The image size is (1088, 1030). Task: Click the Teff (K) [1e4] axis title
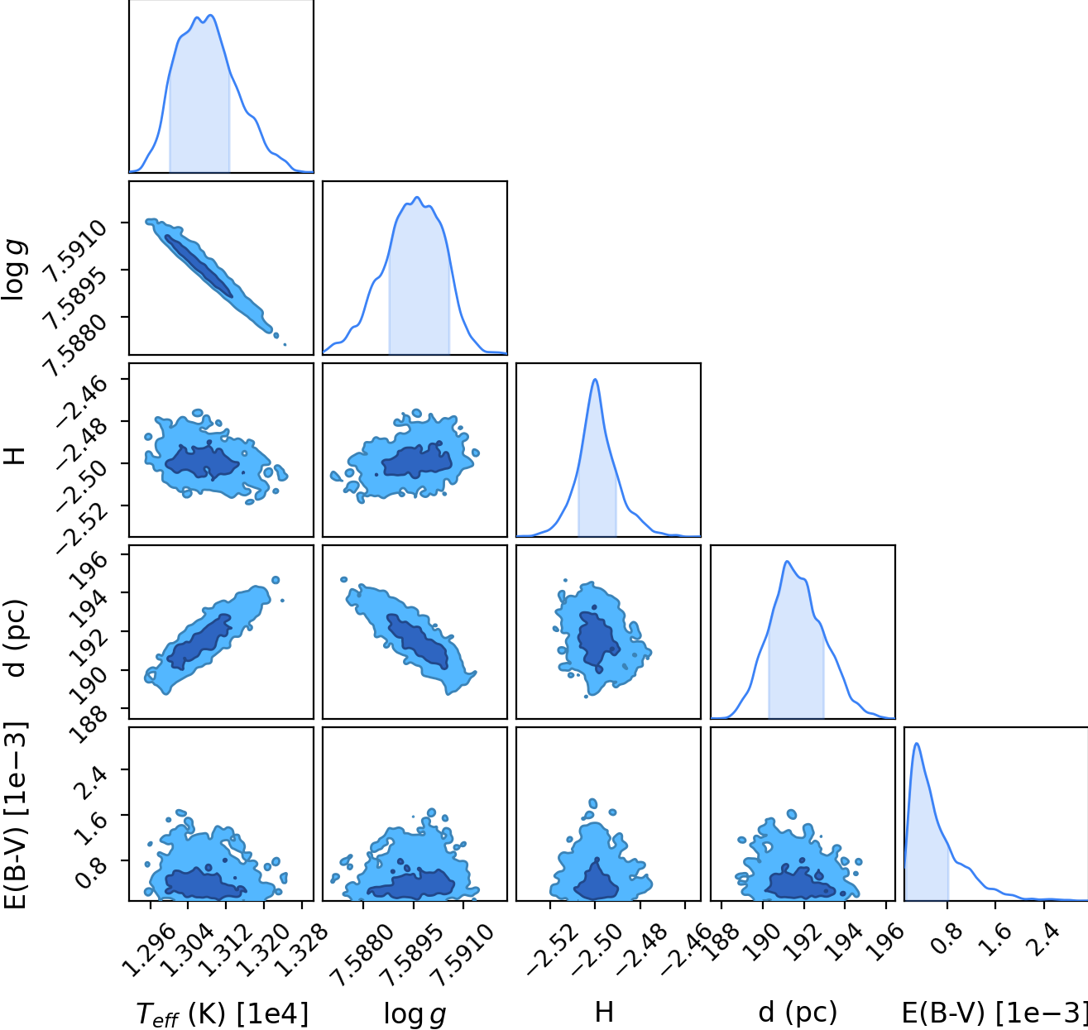click(x=222, y=1013)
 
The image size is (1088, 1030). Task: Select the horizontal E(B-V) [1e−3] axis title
click(x=995, y=1013)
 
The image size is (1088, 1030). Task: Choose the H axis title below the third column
click(x=604, y=1013)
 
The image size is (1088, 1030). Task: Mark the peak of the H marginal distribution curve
click(x=595, y=379)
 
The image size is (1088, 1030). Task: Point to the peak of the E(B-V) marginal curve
click(x=917, y=743)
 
